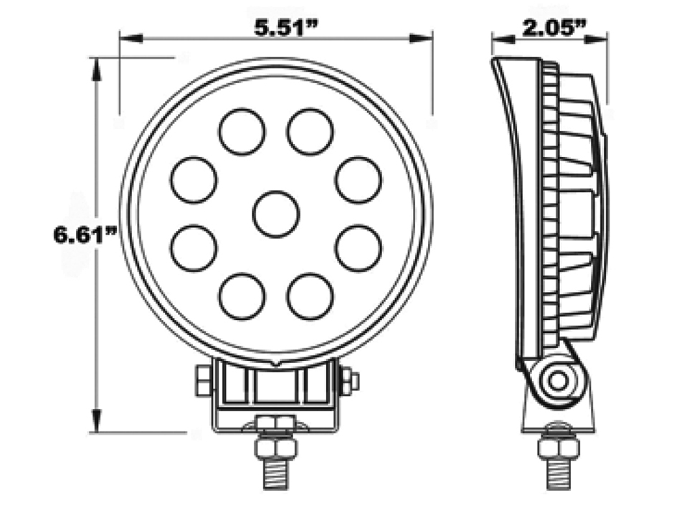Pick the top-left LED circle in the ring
(x=242, y=131)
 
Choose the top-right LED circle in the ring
(x=310, y=131)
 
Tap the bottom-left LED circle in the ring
(x=242, y=296)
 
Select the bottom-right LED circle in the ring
(x=310, y=296)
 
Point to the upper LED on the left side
(x=194, y=179)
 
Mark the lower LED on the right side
(x=359, y=248)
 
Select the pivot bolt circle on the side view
(x=557, y=379)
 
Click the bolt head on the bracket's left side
(x=202, y=380)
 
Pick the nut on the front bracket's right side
(x=350, y=380)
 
